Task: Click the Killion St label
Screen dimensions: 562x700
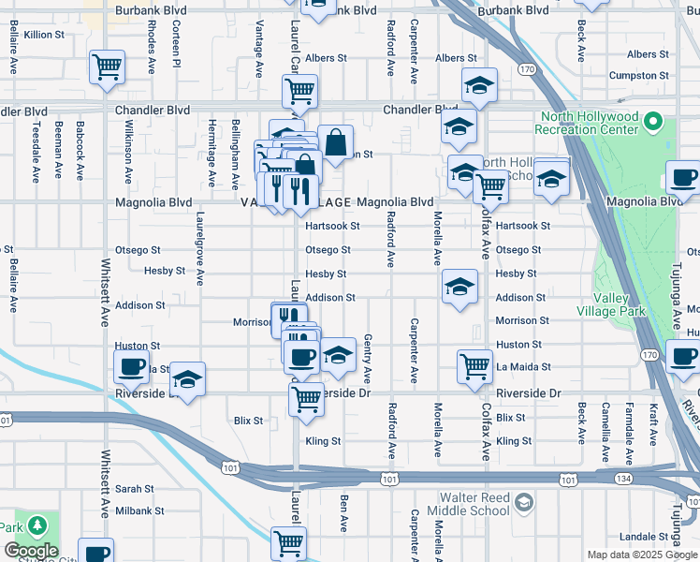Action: point(44,34)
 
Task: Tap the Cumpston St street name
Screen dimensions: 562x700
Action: point(638,75)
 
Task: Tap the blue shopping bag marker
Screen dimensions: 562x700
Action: point(335,143)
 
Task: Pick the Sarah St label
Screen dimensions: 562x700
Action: point(135,489)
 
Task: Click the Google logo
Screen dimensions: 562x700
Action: point(31,551)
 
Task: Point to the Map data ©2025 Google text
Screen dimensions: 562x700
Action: point(641,555)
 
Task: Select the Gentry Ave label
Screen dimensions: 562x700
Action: point(368,359)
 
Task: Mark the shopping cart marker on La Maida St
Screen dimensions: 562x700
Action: point(474,366)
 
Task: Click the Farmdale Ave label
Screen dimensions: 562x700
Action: point(630,434)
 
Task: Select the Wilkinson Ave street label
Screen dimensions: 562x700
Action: point(128,149)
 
